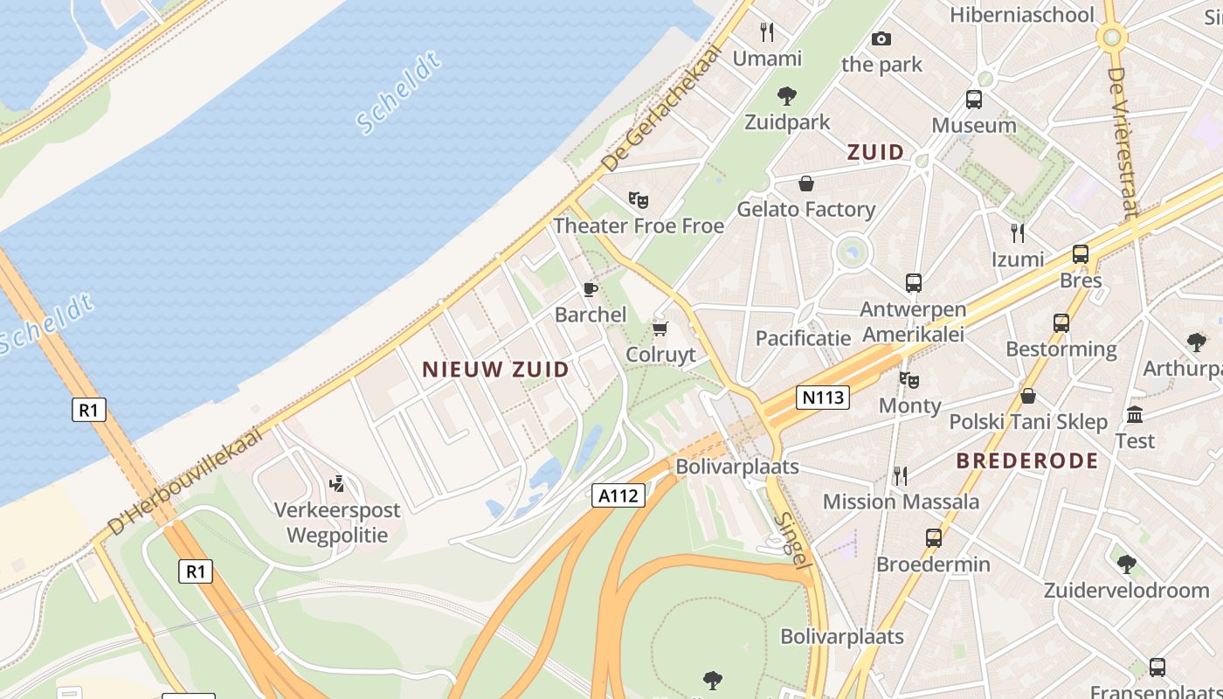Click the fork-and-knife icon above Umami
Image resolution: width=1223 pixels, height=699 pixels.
point(767,32)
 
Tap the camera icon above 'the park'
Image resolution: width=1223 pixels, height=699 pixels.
point(881,38)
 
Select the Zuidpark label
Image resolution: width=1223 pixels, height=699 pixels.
point(787,121)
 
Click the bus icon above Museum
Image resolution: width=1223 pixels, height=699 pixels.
point(973,100)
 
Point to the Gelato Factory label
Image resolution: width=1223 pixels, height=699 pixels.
point(805,209)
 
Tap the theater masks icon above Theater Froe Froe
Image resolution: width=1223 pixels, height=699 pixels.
point(639,200)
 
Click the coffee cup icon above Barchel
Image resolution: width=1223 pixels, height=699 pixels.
point(591,289)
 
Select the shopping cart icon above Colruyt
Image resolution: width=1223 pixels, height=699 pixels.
point(660,329)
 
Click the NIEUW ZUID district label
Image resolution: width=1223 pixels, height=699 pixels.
point(495,370)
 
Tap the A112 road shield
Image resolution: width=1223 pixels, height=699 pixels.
point(618,496)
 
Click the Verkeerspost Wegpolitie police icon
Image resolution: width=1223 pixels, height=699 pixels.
point(336,483)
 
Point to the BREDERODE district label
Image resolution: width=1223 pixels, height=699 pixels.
point(1026,461)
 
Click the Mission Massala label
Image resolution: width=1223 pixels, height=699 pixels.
point(901,502)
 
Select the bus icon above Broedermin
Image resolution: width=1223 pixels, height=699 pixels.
point(933,538)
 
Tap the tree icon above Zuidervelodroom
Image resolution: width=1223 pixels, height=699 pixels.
point(1126,564)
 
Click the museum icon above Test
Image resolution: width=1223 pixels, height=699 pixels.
point(1135,414)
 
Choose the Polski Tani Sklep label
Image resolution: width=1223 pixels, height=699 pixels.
point(1028,422)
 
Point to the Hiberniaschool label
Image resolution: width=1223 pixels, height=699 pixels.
point(1021,15)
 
